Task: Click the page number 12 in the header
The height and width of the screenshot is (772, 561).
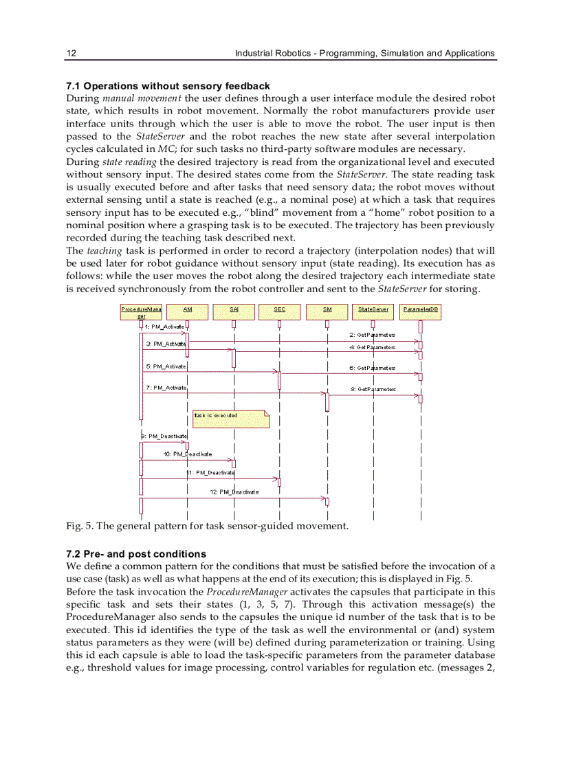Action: pyautogui.click(x=70, y=53)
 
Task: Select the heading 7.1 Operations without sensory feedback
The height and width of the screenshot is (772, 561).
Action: pyautogui.click(x=168, y=86)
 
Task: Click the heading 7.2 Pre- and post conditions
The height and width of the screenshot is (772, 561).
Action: pyautogui.click(x=135, y=553)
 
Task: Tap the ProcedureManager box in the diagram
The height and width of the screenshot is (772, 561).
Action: pyautogui.click(x=141, y=312)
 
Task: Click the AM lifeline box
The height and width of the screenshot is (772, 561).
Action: pyautogui.click(x=188, y=309)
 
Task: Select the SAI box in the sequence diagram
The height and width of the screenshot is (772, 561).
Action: pyautogui.click(x=234, y=309)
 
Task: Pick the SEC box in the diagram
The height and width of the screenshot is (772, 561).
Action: pyautogui.click(x=279, y=309)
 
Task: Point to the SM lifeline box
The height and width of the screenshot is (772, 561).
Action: pyautogui.click(x=327, y=309)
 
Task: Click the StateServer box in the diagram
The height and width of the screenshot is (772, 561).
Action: pyautogui.click(x=373, y=309)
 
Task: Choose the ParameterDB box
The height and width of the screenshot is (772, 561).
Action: pyautogui.click(x=420, y=309)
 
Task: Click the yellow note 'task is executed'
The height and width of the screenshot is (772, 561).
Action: pyautogui.click(x=230, y=417)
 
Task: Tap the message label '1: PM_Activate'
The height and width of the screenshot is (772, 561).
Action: pyautogui.click(x=164, y=327)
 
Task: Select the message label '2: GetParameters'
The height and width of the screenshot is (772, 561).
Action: pyautogui.click(x=372, y=335)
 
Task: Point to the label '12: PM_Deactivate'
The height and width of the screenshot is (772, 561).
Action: pyautogui.click(x=234, y=492)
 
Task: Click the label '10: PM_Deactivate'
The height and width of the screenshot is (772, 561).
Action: pyautogui.click(x=188, y=454)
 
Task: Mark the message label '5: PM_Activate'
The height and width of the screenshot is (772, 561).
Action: pyautogui.click(x=165, y=366)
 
